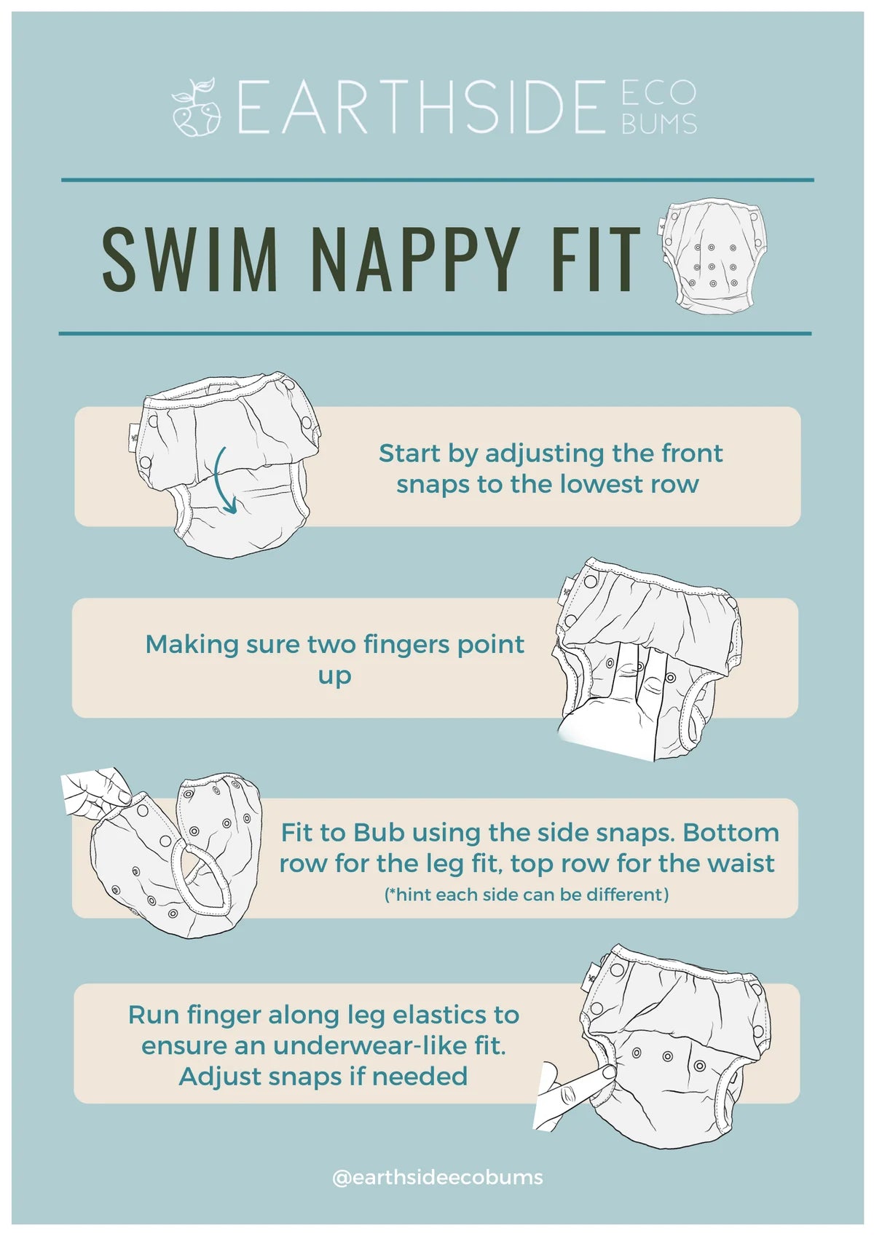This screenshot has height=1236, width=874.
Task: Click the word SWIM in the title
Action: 189,259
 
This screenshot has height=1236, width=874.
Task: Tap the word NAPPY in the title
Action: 414,259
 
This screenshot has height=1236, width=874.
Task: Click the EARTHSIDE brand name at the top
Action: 421,106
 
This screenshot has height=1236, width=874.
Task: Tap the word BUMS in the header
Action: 658,124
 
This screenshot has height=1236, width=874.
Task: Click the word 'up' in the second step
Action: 334,677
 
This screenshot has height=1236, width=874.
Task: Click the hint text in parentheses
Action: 526,895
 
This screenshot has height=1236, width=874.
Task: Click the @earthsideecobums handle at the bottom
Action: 437,1178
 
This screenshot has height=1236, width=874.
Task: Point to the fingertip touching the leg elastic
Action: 607,1072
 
